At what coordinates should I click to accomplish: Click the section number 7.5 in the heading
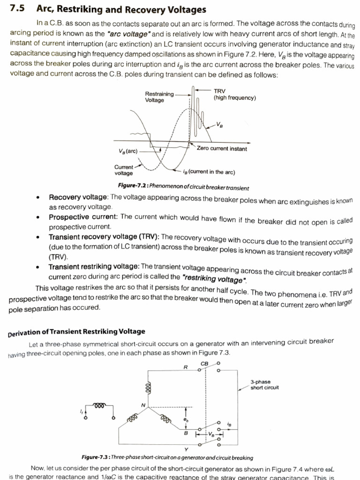click(17, 10)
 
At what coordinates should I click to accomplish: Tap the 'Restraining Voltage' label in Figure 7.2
click(159, 97)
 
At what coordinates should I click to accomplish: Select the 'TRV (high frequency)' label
click(234, 95)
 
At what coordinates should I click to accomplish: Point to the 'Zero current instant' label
click(222, 149)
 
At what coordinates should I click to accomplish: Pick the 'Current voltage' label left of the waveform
click(124, 170)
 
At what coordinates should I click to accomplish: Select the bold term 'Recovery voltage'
click(78, 197)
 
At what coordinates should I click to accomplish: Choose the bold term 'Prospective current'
click(83, 217)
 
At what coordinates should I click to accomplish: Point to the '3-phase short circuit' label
click(264, 384)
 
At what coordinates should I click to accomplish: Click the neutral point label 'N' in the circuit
click(144, 404)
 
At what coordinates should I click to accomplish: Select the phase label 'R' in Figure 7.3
click(186, 367)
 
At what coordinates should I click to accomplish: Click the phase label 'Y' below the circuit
click(187, 449)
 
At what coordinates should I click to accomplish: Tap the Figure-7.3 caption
click(167, 457)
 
